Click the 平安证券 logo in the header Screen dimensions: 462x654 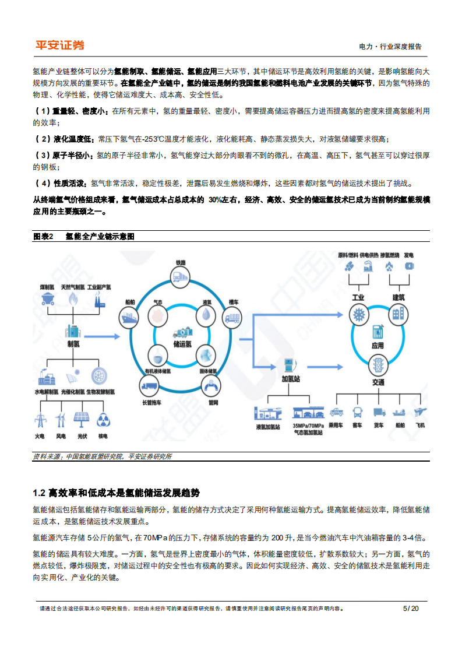click(59, 45)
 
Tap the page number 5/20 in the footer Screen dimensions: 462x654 click(411, 609)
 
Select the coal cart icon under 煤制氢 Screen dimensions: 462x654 click(48, 299)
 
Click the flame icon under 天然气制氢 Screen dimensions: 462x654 click(73, 299)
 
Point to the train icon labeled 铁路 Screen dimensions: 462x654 click(180, 275)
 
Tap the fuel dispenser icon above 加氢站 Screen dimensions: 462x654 click(288, 366)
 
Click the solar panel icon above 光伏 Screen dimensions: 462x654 click(81, 420)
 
